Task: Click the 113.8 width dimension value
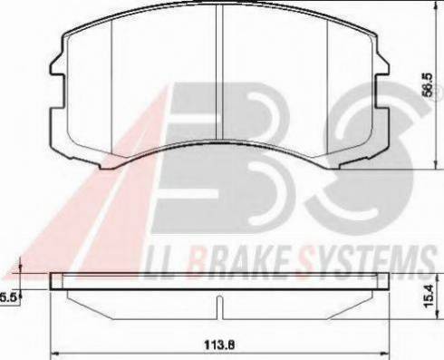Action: coord(219,345)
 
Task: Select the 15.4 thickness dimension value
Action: coord(429,297)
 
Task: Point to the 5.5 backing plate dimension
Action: coord(8,297)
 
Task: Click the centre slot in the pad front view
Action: coord(219,73)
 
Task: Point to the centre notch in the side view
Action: coord(219,307)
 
